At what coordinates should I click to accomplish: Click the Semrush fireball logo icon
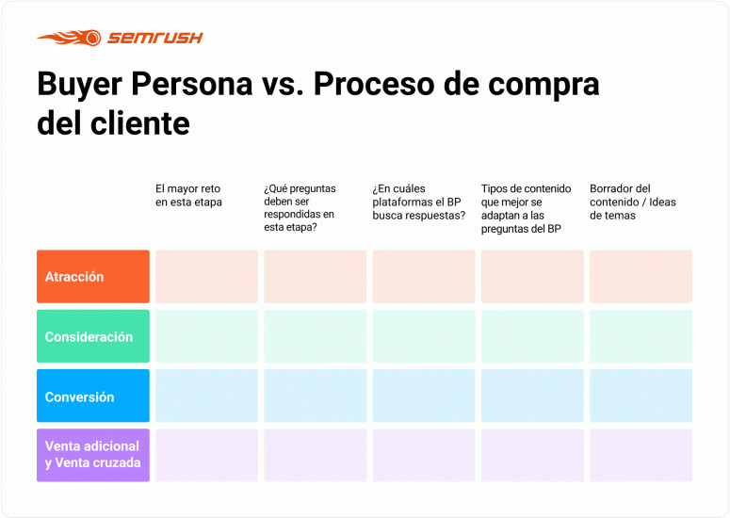70,38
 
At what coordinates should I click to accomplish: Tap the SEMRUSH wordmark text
155,38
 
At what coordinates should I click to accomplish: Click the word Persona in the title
192,84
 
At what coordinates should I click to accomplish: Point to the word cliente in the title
140,123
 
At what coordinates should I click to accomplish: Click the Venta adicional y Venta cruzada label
93,454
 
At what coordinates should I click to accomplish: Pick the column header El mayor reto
188,196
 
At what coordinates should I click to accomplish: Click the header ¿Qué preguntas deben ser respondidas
300,207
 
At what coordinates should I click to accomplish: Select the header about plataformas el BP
418,202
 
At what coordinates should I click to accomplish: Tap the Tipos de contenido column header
527,208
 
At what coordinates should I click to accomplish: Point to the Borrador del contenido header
633,202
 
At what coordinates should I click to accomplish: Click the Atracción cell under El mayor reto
206,277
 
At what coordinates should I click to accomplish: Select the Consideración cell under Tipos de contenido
532,336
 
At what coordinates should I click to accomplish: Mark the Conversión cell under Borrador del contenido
641,396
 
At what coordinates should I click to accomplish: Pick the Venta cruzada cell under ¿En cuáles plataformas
424,455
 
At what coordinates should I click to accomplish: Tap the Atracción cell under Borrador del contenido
641,277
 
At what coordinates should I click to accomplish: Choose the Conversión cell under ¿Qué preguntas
316,396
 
